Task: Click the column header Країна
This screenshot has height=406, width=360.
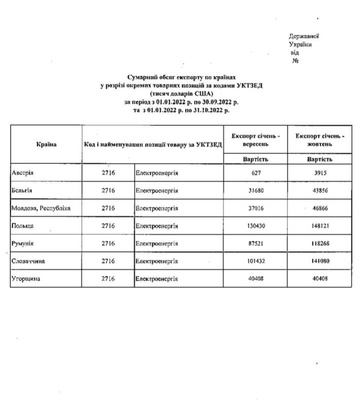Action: (x=46, y=144)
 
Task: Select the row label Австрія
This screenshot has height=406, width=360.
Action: (x=22, y=173)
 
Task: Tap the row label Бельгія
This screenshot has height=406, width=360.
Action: (x=22, y=190)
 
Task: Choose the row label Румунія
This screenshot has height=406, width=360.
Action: (x=22, y=244)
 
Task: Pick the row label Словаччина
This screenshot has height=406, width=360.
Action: (x=27, y=261)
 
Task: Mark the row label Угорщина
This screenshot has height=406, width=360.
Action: (x=25, y=279)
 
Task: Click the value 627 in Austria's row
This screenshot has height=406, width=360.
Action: (x=256, y=173)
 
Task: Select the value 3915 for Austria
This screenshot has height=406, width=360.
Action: (x=320, y=173)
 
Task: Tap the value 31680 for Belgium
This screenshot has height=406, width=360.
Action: (x=256, y=190)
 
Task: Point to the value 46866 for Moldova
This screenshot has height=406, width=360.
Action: (x=320, y=208)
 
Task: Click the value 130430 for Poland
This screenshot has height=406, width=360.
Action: (x=256, y=226)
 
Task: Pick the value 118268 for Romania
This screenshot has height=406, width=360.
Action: (x=320, y=244)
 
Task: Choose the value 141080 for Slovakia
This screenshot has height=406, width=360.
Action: (x=320, y=261)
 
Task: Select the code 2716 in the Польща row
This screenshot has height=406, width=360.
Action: (x=108, y=226)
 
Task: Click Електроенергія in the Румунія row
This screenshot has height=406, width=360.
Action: (x=157, y=244)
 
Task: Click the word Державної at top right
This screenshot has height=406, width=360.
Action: (x=304, y=37)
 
